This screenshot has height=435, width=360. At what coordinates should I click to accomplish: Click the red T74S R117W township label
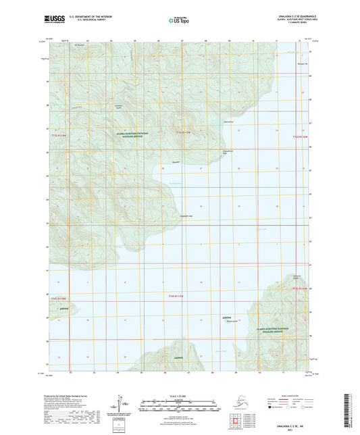tap(175, 296)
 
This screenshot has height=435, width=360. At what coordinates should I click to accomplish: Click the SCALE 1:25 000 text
tap(179, 395)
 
